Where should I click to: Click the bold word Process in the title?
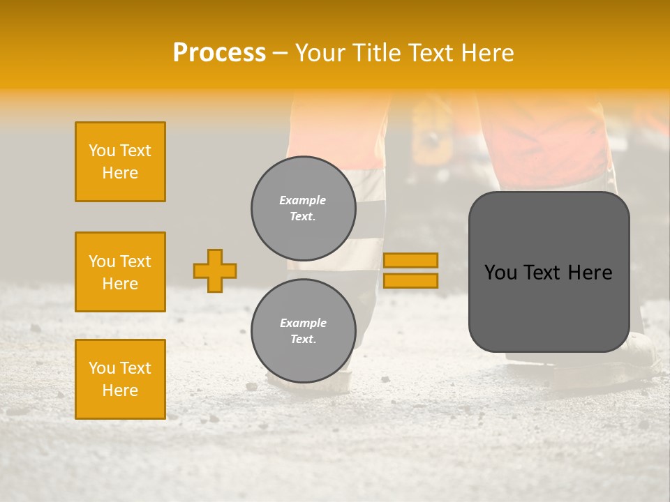tap(219, 53)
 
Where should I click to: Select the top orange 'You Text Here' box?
tap(120, 162)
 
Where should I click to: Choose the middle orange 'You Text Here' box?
tap(120, 272)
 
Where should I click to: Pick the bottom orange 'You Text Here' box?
tap(120, 379)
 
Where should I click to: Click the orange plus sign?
tap(215, 271)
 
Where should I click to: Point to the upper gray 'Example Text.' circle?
tap(303, 208)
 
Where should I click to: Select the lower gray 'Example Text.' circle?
tap(303, 331)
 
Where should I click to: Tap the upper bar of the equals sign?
tap(410, 260)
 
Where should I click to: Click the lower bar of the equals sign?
tap(410, 280)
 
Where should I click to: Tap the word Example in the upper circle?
tap(303, 200)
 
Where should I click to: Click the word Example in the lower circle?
tap(303, 323)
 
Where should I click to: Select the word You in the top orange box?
tap(101, 151)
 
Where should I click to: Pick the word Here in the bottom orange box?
tap(120, 390)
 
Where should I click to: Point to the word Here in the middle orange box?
tap(120, 284)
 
